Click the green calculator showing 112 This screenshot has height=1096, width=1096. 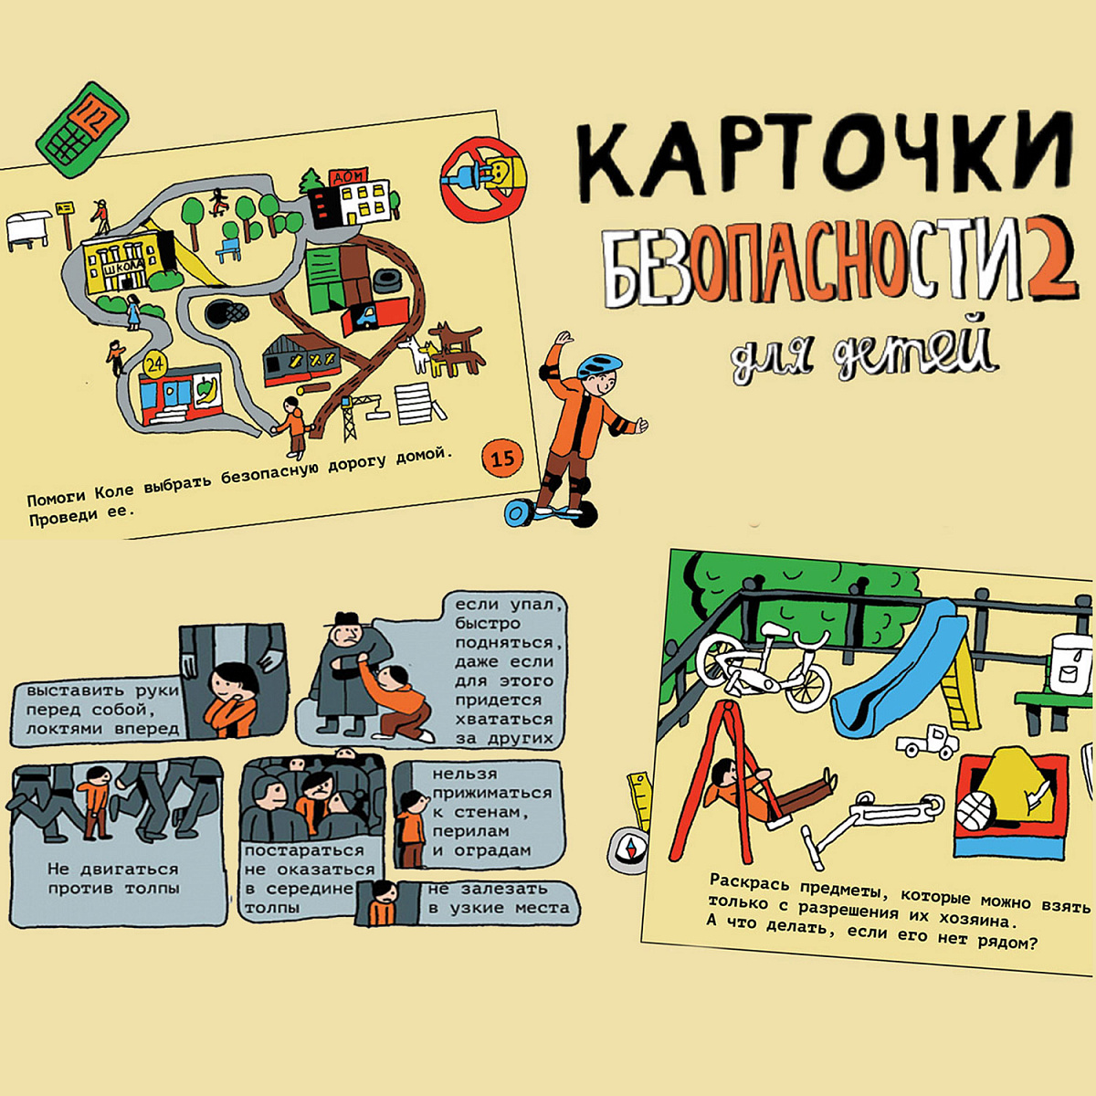[83, 131]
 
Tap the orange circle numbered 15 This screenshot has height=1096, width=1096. [502, 458]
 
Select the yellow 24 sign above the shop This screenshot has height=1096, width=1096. [154, 365]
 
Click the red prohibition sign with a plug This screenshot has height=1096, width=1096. [483, 179]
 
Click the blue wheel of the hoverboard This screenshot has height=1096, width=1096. [520, 513]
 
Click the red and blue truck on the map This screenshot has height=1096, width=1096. [374, 316]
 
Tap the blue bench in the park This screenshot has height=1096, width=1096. [228, 249]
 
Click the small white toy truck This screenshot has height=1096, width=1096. [928, 741]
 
